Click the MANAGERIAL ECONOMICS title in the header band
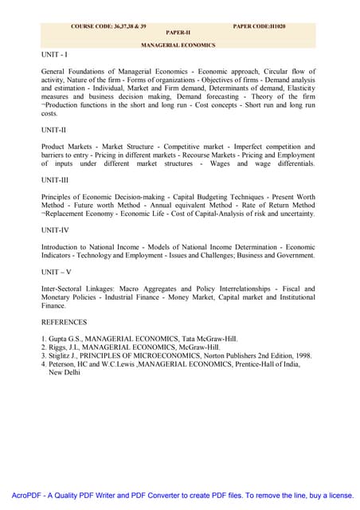pos(178,45)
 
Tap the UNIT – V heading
pos(56,272)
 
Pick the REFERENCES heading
pos(65,323)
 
